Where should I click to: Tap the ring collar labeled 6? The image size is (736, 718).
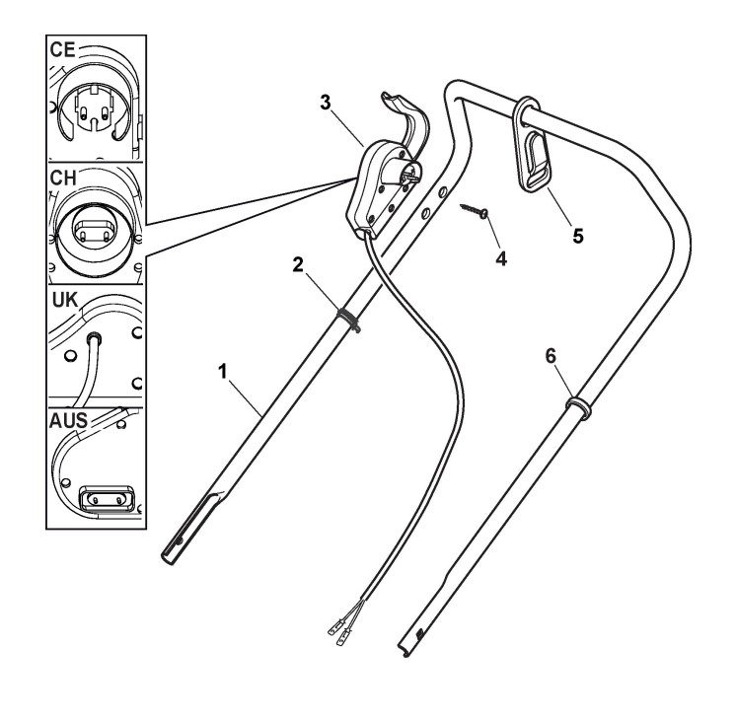click(578, 406)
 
